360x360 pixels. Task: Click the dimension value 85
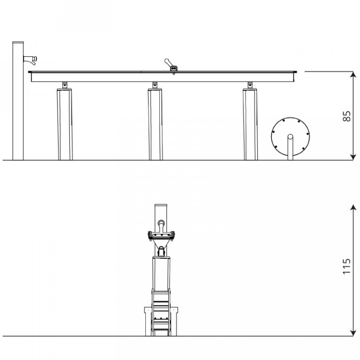click(x=347, y=116)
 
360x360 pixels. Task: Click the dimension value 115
click(x=347, y=266)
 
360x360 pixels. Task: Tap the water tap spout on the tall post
click(x=30, y=60)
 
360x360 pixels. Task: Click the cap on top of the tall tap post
click(x=18, y=43)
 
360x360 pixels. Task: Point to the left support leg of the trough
click(x=65, y=124)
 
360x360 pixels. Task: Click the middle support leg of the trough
click(x=156, y=124)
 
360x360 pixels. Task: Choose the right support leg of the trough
click(x=250, y=124)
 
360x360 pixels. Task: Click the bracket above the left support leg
click(x=65, y=85)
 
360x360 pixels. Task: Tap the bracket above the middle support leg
click(x=155, y=85)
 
